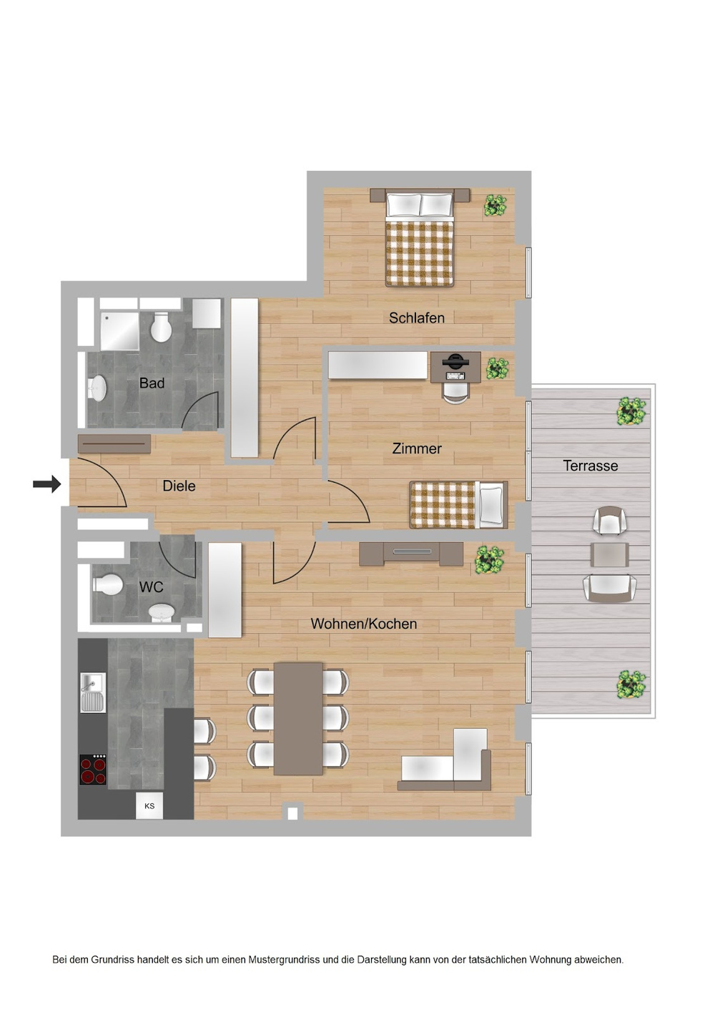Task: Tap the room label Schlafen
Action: (416, 318)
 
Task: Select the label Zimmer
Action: (416, 448)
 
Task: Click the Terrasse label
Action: (590, 466)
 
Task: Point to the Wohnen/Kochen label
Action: (363, 624)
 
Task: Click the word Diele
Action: (179, 486)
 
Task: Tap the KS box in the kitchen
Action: (149, 806)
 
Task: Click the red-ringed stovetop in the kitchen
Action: (93, 770)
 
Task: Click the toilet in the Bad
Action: (161, 328)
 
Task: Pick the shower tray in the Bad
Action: (119, 331)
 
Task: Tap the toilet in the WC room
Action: (108, 584)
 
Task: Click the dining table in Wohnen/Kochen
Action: (297, 718)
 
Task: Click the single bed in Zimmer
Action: (458, 504)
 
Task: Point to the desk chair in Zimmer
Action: (455, 392)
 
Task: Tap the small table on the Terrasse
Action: (610, 554)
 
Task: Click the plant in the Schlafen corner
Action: (495, 206)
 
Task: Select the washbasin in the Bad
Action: (97, 388)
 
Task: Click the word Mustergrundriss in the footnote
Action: (284, 960)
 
